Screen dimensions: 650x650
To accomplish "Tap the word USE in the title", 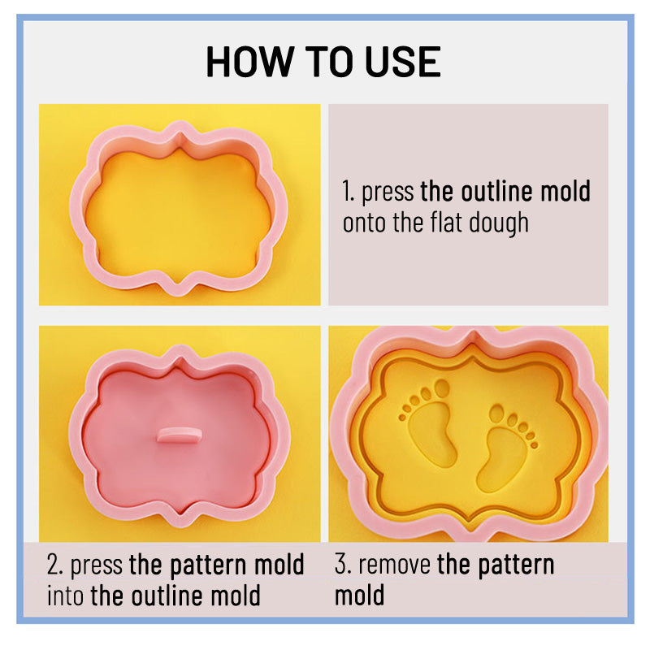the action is tap(402, 62).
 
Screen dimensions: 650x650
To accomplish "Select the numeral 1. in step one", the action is tap(349, 191).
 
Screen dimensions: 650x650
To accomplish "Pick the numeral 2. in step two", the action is tap(54, 564).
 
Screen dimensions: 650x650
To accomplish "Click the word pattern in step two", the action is tap(209, 565).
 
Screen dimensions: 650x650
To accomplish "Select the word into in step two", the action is tap(65, 596).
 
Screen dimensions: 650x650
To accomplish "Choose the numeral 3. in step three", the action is tap(343, 564).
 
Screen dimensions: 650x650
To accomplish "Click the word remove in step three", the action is tap(394, 565).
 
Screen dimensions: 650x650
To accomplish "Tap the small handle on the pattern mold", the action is tap(179, 435).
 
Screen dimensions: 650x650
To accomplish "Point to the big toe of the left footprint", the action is tap(442, 388).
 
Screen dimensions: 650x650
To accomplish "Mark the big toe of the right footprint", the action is tap(496, 414).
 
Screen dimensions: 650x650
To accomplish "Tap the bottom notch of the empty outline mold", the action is tap(179, 286).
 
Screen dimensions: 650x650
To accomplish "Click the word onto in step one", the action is tap(363, 223).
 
